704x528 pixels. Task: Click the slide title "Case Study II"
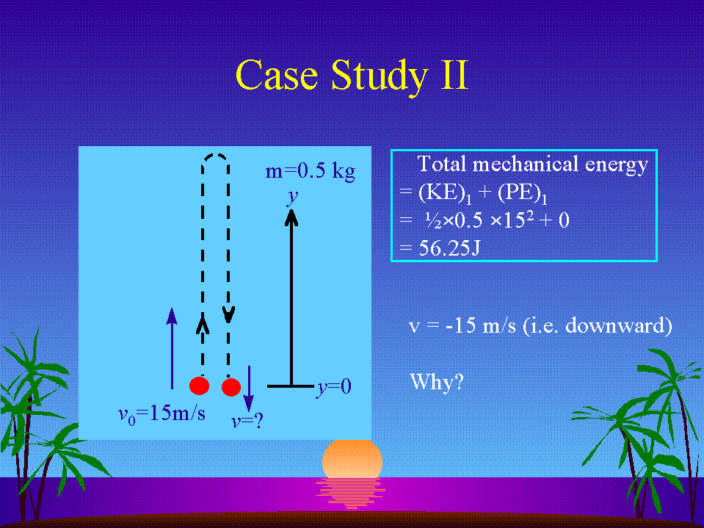[x=352, y=76]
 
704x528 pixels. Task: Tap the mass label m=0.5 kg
[x=311, y=172]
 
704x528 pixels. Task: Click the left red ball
[x=199, y=386]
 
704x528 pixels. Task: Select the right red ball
[x=231, y=387]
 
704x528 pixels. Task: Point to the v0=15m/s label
[x=162, y=414]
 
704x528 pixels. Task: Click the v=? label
[x=247, y=421]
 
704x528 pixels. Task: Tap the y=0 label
[x=333, y=387]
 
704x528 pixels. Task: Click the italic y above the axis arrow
[x=293, y=197]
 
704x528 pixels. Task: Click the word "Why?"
[x=436, y=382]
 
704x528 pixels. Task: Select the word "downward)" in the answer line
[x=619, y=325]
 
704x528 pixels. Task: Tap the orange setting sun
[x=352, y=459]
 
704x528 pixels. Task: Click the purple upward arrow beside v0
[x=172, y=348]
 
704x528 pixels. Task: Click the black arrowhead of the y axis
[x=292, y=218]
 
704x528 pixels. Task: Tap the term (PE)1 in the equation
[x=523, y=194]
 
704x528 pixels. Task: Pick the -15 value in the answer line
[x=460, y=325]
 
